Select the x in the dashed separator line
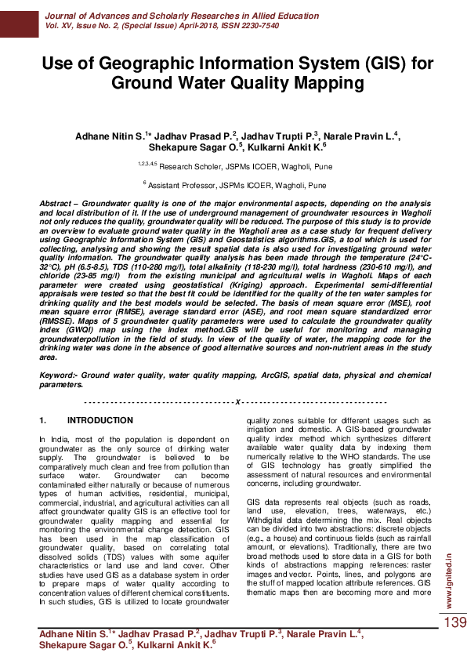(235, 401)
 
